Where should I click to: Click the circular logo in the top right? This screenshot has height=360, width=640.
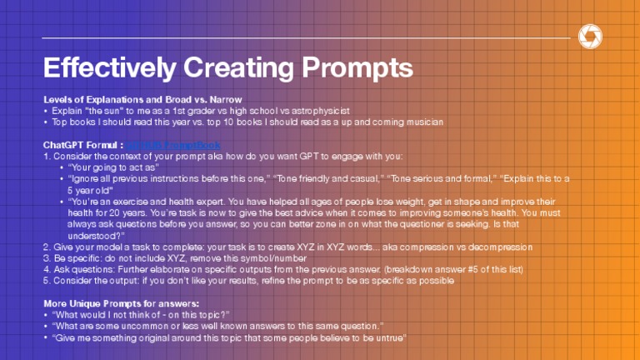(589, 36)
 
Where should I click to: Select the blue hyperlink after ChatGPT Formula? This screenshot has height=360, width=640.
(173, 144)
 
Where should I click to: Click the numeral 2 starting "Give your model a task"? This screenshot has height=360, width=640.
(46, 247)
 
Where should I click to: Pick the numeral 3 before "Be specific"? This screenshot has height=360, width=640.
(46, 258)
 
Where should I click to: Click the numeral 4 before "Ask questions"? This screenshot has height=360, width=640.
(46, 269)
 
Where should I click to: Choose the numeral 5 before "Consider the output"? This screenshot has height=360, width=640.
(46, 281)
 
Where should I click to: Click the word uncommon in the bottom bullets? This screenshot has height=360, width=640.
(146, 326)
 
